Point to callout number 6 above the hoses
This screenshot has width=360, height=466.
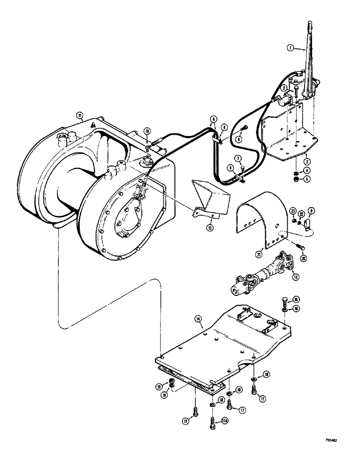[x=213, y=120]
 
